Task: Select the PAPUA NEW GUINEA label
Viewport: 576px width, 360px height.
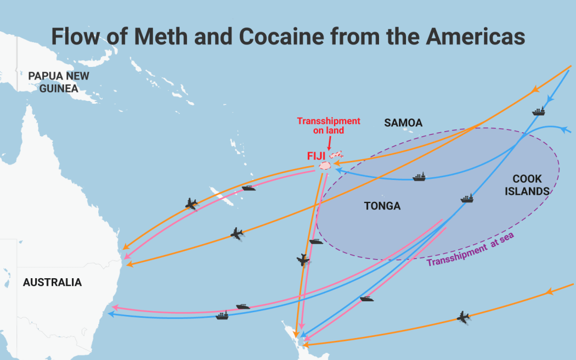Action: tap(59, 82)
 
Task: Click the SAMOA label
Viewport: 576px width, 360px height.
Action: tap(403, 123)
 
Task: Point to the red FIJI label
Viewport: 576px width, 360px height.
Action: tap(317, 156)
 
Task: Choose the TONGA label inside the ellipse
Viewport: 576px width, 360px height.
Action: tap(382, 206)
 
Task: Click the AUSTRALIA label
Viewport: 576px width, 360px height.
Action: tap(52, 283)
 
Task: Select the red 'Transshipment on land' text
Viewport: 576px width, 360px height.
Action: tap(329, 126)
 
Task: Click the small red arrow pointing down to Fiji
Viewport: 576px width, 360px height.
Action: tap(329, 144)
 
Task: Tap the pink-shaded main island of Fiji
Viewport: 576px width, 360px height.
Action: tap(326, 165)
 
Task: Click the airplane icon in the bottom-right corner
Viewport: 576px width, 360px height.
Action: tap(464, 317)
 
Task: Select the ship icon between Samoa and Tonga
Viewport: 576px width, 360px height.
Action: tap(420, 177)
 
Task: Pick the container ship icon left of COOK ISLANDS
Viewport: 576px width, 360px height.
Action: tap(467, 198)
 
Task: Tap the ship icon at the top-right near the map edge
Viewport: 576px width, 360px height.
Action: tap(539, 111)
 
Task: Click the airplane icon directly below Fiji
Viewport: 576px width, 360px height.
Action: tap(303, 260)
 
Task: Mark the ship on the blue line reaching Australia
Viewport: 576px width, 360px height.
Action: tap(222, 315)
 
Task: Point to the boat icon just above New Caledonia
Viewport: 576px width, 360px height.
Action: tap(249, 188)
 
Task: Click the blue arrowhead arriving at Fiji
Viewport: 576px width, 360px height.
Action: tap(339, 170)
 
